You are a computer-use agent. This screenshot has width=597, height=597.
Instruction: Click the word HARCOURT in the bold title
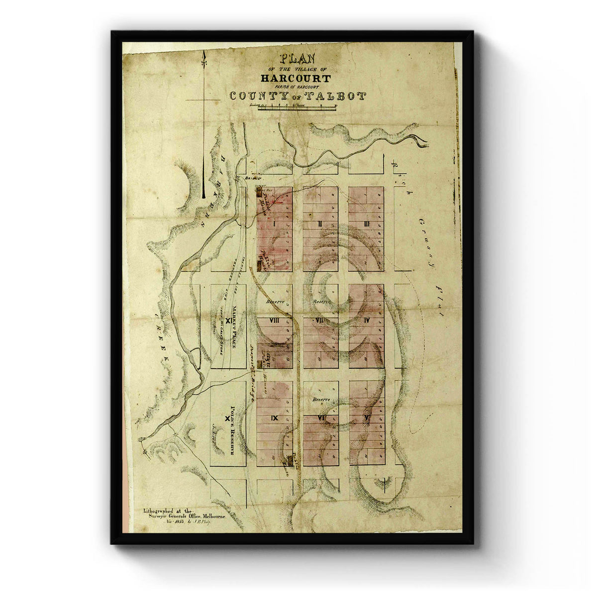(295, 78)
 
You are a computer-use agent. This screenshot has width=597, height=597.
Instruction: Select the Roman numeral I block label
(274, 224)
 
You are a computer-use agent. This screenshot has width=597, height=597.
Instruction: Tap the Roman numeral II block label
(321, 224)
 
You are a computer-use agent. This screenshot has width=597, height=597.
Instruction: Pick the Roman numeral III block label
(367, 224)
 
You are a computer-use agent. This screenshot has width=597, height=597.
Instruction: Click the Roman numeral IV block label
(367, 320)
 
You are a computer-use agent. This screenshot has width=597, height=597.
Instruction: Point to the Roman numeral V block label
(367, 417)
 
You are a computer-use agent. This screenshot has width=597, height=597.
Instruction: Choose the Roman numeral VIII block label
(274, 320)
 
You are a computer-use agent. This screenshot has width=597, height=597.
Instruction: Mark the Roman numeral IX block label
(274, 417)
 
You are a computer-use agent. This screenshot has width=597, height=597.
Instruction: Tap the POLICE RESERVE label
(231, 430)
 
